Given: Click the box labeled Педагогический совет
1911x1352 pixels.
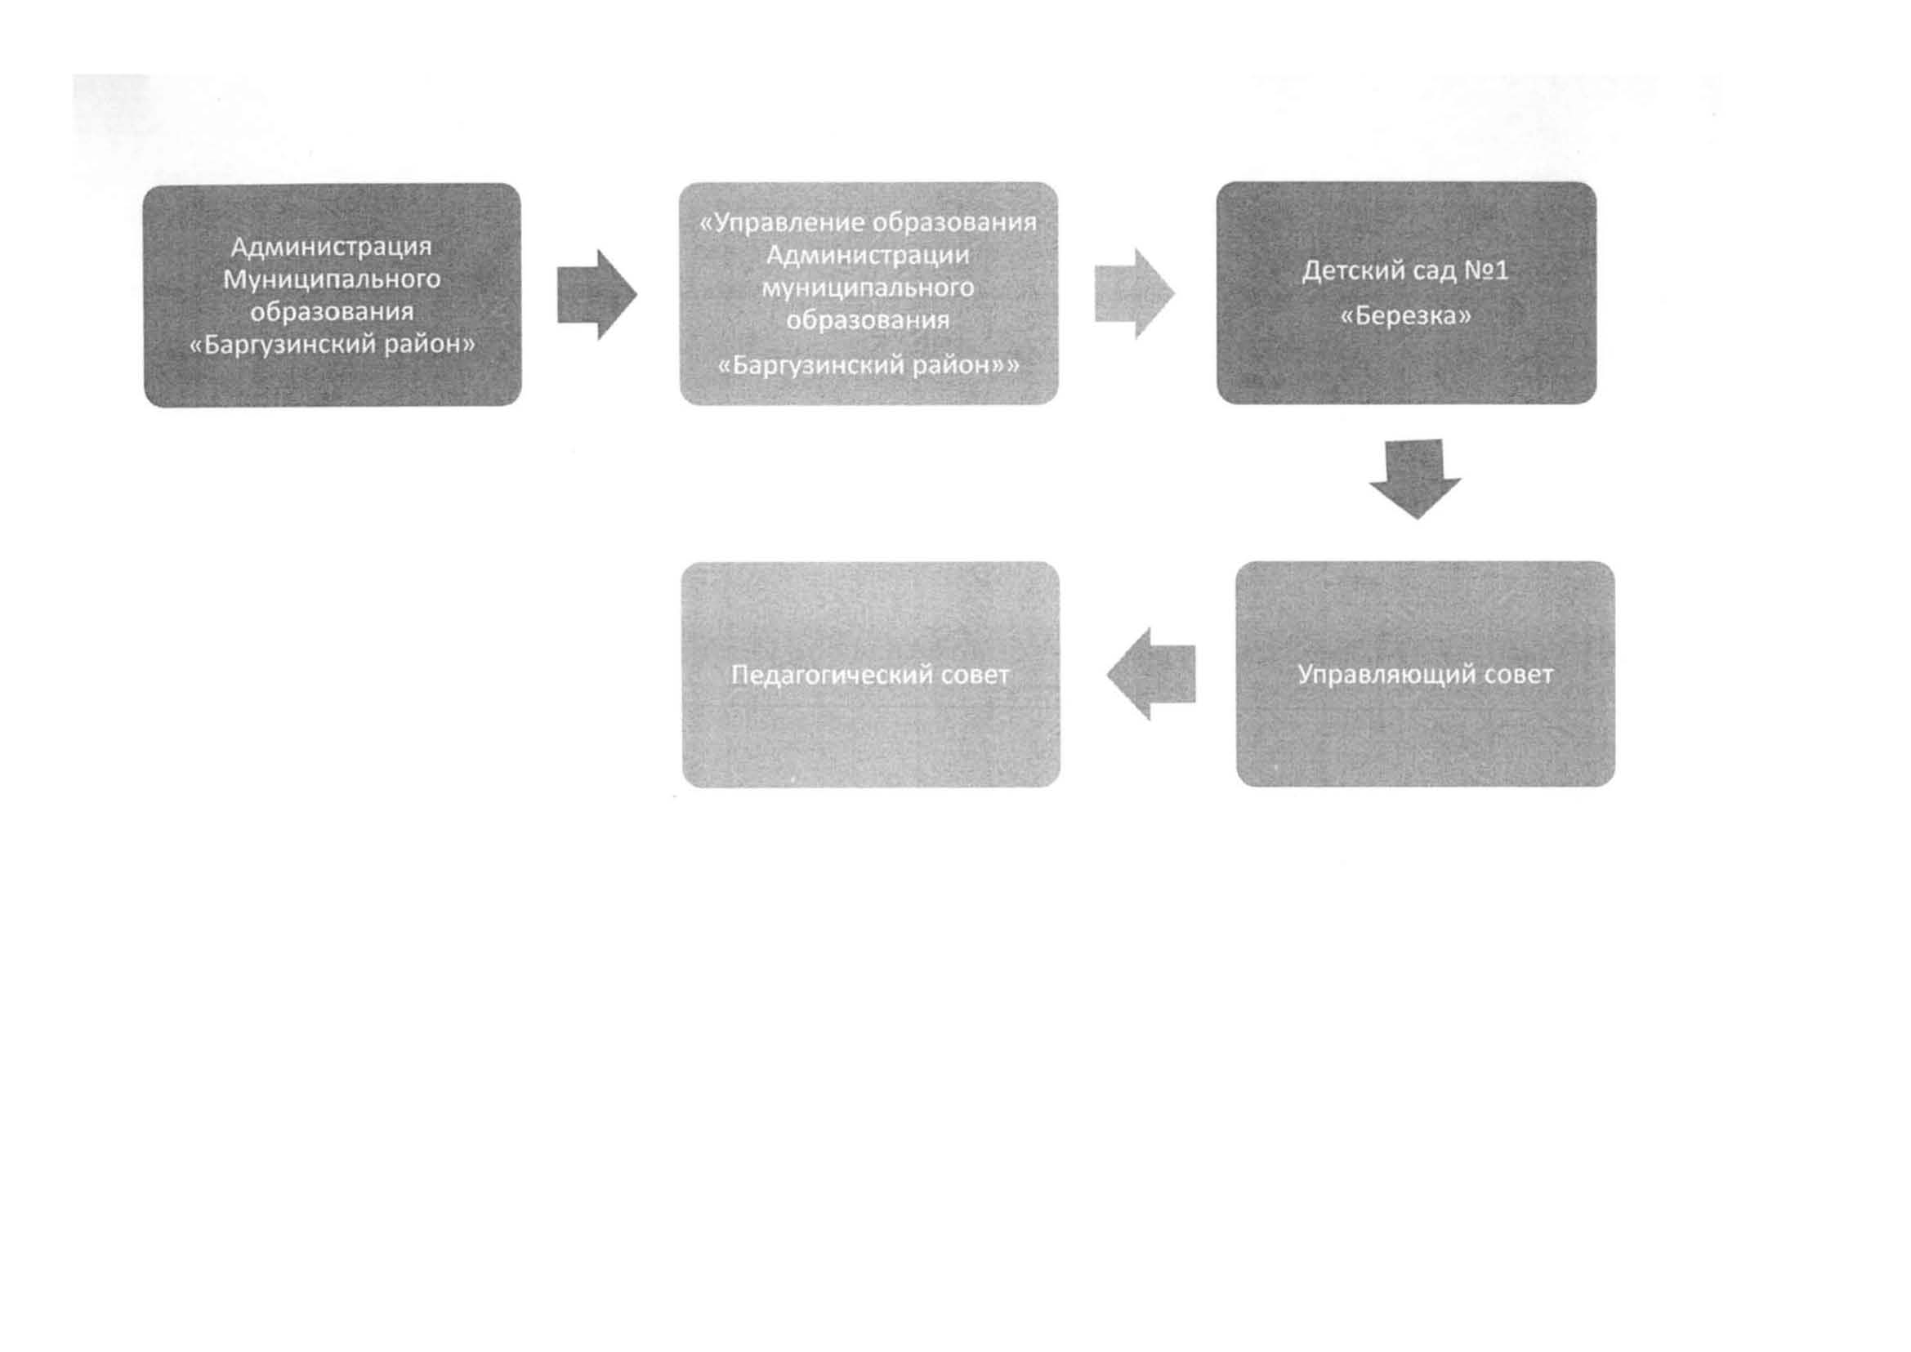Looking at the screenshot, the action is point(870,674).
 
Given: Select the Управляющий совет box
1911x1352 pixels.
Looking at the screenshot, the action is point(1425,673).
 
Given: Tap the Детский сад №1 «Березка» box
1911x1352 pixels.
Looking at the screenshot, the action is point(1406,293).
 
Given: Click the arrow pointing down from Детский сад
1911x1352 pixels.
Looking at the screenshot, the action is point(1415,480).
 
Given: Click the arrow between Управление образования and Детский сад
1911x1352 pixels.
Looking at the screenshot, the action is point(1134,293).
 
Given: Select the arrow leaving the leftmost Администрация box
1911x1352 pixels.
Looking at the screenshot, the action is point(597,295).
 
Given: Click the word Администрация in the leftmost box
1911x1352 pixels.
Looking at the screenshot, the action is point(332,248).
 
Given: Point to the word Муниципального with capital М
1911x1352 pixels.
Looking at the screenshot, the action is point(332,279).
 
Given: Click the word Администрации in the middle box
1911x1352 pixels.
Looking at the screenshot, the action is point(868,255).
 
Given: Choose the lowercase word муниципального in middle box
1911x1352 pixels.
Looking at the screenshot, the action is point(868,288).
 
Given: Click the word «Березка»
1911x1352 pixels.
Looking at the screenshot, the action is point(1405,316).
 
